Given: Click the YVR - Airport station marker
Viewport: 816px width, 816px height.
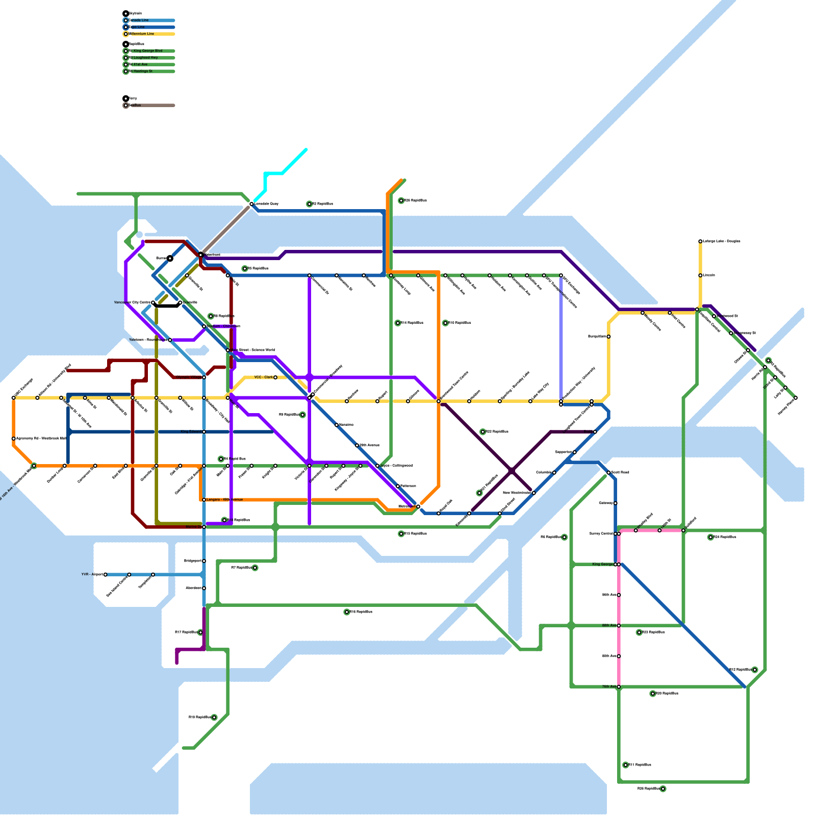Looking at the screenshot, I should [x=106, y=575].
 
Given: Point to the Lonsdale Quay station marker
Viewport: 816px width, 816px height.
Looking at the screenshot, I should [x=251, y=204].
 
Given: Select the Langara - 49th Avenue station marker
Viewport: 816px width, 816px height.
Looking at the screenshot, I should [x=204, y=500].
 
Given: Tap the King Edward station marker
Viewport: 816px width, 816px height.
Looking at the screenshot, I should [x=204, y=432].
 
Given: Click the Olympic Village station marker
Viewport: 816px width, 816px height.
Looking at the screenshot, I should [x=204, y=377].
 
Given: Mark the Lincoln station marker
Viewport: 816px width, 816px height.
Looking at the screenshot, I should [x=700, y=275].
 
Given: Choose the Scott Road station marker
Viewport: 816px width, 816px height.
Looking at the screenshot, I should [x=608, y=473].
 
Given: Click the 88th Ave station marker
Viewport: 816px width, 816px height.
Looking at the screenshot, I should [x=619, y=626].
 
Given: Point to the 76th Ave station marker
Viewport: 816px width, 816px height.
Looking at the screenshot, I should [x=619, y=687].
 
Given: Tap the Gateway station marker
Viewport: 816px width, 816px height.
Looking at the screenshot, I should [x=616, y=503].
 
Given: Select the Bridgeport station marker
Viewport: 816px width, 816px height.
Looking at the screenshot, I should [x=204, y=561].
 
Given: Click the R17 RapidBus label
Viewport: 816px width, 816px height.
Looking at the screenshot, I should [x=186, y=632].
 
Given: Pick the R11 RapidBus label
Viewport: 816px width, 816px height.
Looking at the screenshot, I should [x=640, y=765].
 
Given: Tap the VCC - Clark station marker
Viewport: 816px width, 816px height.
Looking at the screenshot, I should [x=275, y=377].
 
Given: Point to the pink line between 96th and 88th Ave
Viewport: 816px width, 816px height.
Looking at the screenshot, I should [x=619, y=610].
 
